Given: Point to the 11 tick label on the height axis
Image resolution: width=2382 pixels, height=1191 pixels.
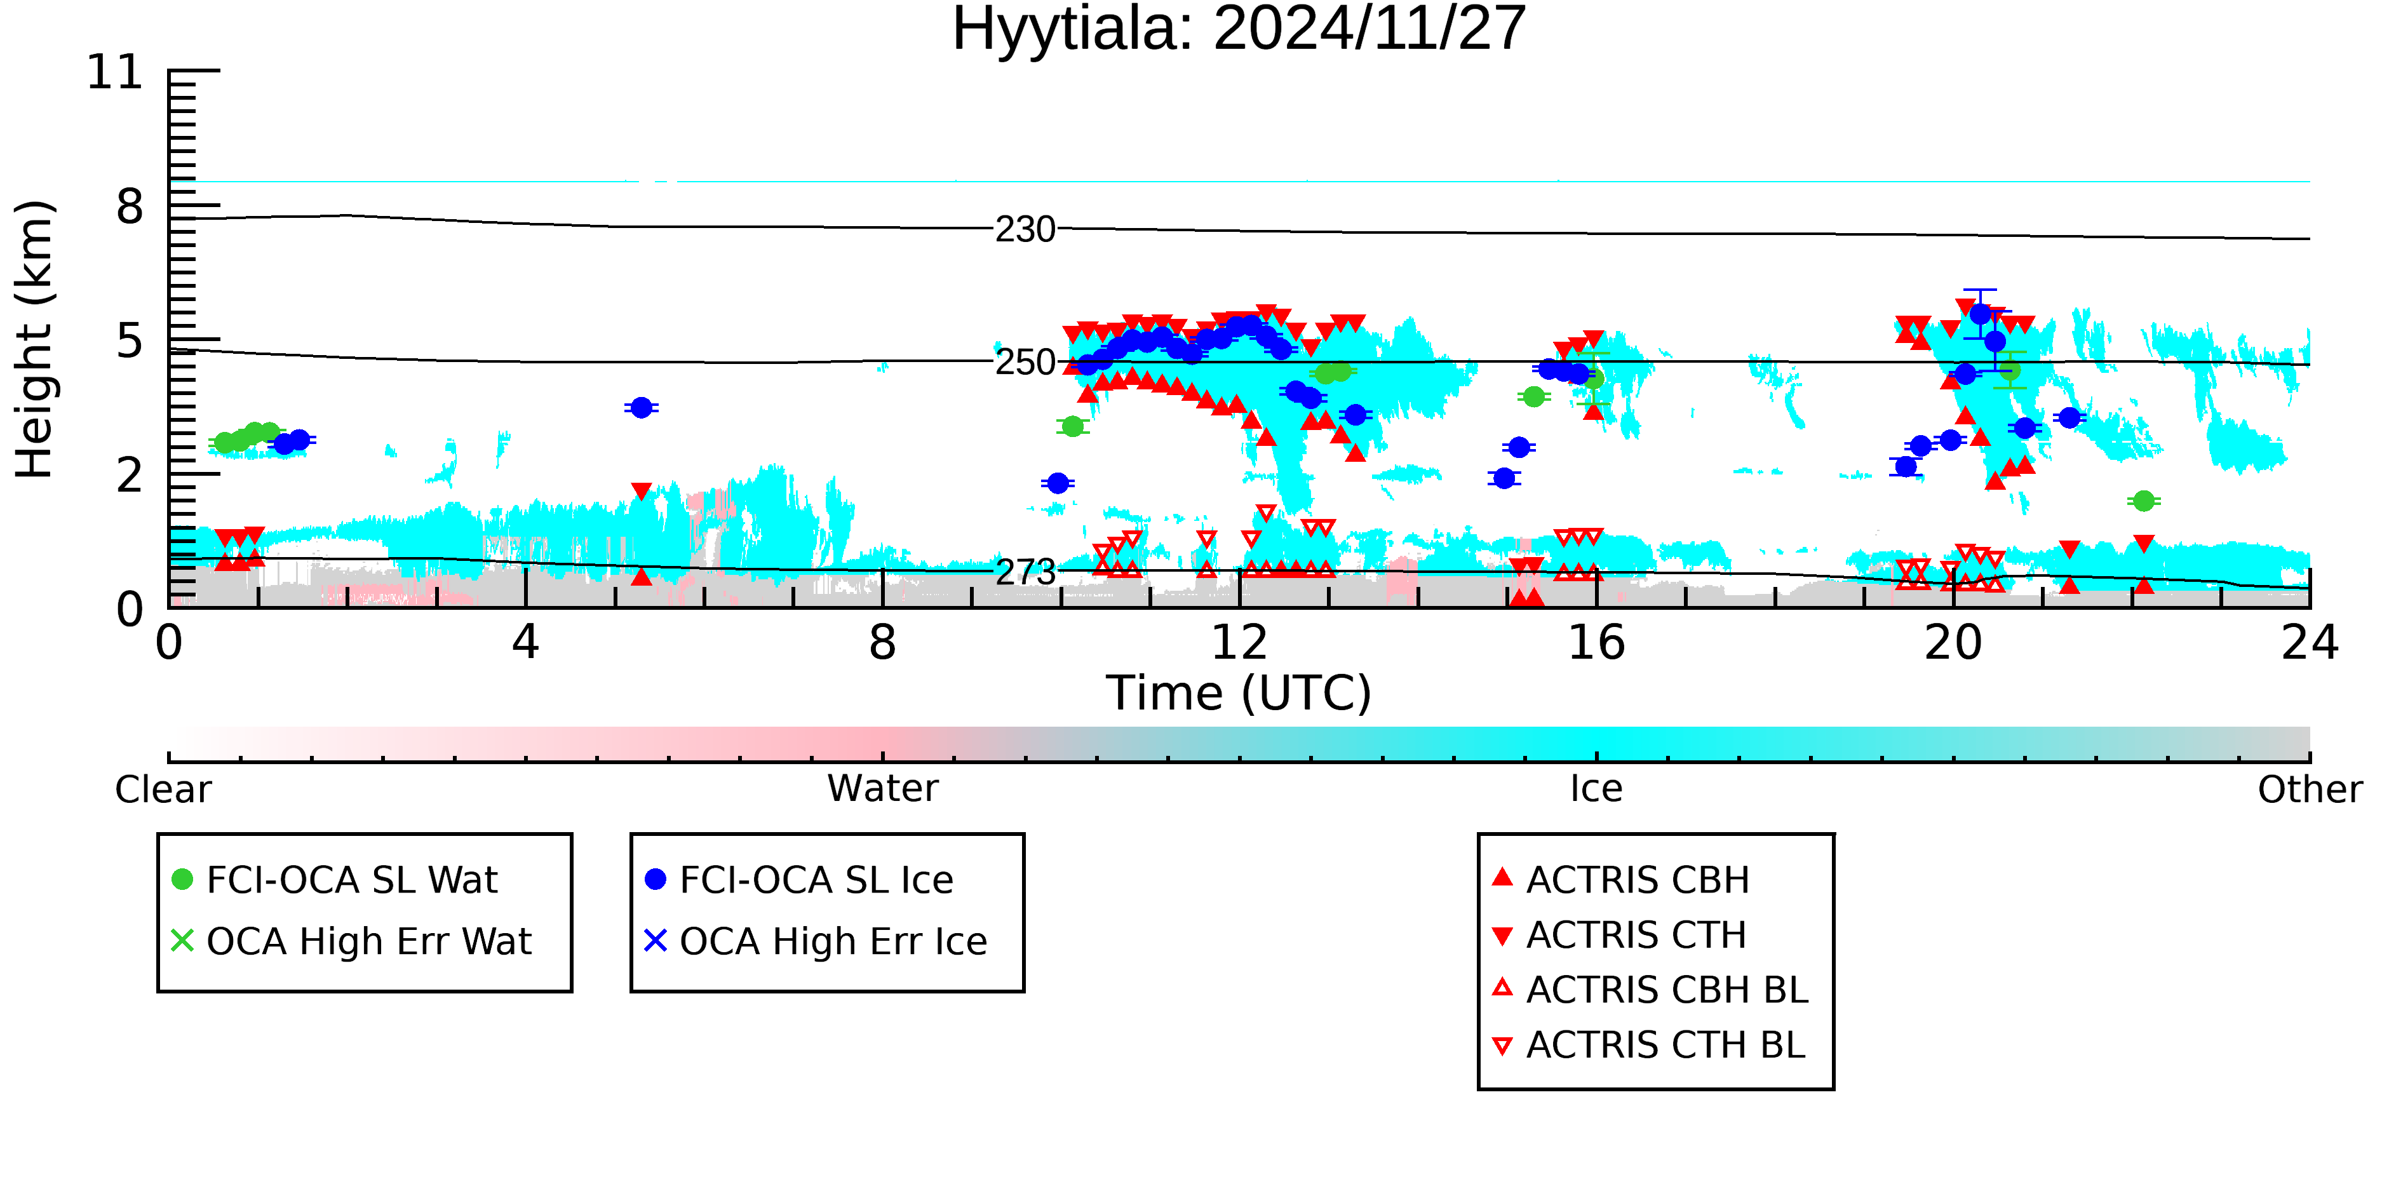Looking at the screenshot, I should (x=115, y=72).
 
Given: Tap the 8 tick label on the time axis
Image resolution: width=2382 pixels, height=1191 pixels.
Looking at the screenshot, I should (x=882, y=643).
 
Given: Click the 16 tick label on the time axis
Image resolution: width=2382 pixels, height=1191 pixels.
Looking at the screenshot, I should (x=1596, y=643).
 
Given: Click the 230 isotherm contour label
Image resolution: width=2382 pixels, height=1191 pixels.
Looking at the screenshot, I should (x=1025, y=229).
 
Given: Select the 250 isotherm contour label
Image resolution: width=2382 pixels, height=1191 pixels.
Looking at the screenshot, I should (x=1025, y=363).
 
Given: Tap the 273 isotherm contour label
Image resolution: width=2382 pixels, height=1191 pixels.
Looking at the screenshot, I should (x=1025, y=572).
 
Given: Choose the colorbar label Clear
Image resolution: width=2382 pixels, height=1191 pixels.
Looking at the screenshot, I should (x=163, y=790).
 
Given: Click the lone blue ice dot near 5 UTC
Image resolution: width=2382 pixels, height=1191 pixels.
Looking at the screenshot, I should (x=641, y=408).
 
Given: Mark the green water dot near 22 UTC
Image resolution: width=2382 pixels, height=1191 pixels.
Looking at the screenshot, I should (x=2143, y=501).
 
